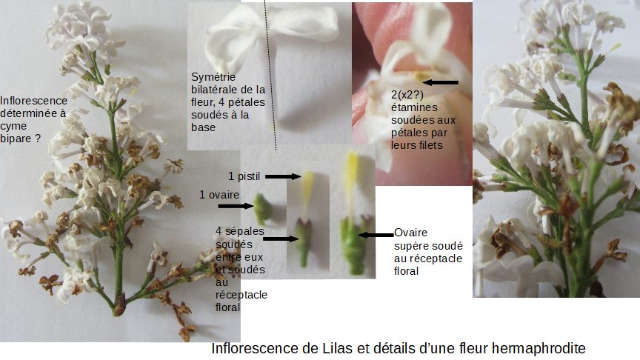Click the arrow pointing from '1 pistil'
281,176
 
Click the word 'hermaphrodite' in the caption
539,348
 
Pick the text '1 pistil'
245,176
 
